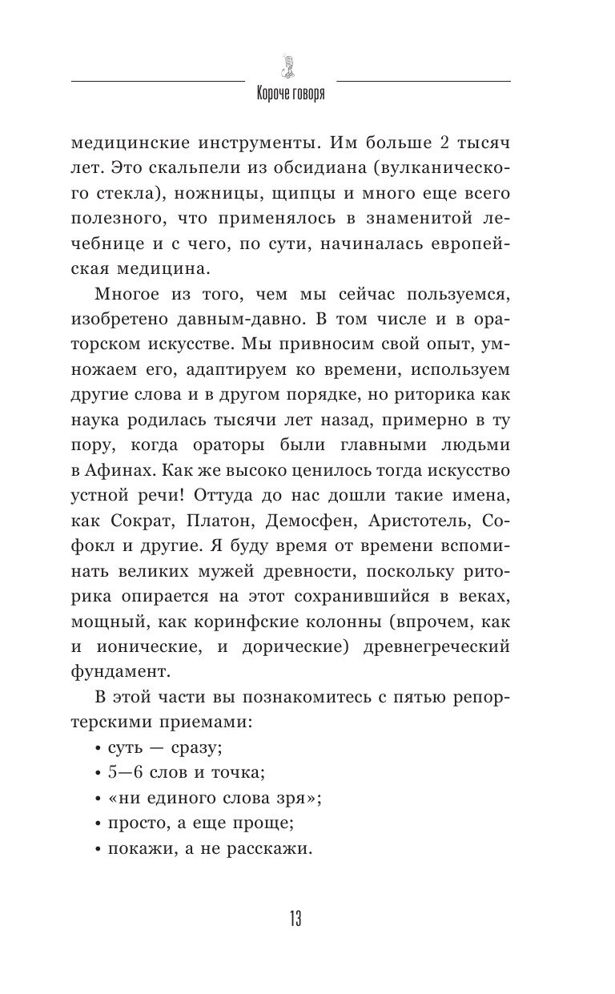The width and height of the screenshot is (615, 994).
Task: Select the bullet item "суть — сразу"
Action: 157,749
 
